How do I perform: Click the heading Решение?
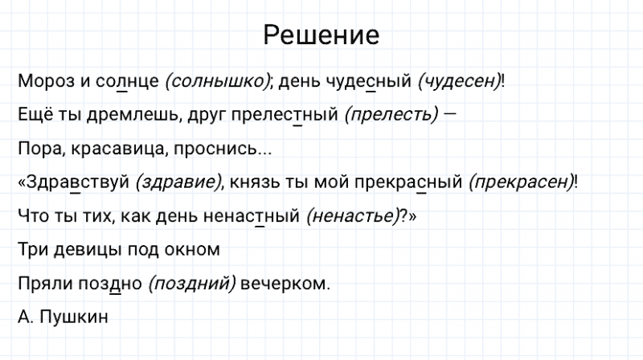click(x=321, y=35)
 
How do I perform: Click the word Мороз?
click(x=43, y=81)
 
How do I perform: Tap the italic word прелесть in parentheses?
click(x=391, y=115)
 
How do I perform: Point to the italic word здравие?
click(x=179, y=182)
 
